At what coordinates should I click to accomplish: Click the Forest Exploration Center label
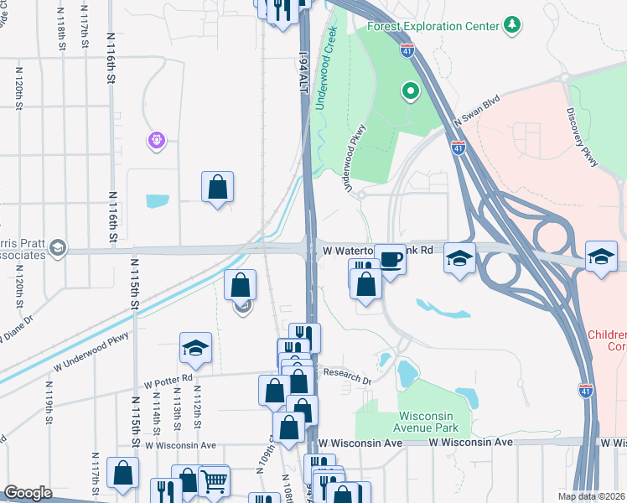click(433, 26)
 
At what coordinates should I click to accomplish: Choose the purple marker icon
click(156, 140)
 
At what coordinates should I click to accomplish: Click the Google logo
click(28, 493)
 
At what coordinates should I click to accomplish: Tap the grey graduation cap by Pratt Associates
click(56, 246)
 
